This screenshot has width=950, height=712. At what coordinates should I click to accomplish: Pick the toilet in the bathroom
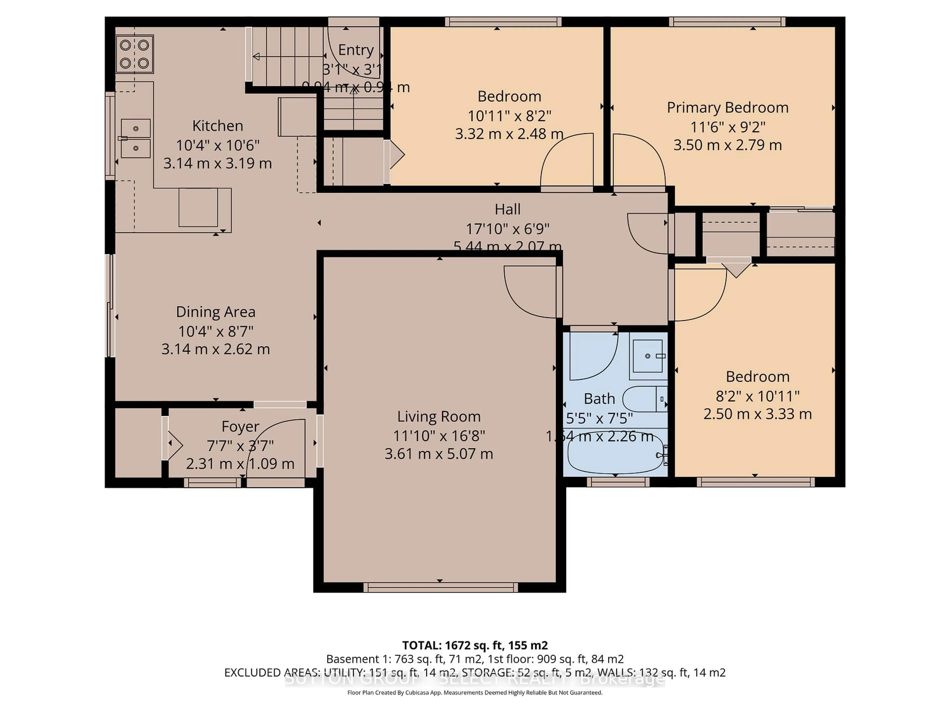(x=644, y=399)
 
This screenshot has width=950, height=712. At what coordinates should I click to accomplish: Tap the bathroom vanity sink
(x=648, y=356)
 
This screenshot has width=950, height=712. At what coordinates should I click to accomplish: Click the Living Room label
(x=438, y=416)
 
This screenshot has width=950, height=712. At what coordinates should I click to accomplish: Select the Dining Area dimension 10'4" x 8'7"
(x=215, y=331)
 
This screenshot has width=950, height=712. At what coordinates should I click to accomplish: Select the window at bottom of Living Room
(x=440, y=587)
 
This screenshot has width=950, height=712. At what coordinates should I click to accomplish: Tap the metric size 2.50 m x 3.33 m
(x=757, y=414)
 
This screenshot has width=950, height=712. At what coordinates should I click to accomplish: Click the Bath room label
(x=599, y=399)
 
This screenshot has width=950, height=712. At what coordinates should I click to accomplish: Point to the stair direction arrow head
(x=256, y=56)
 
